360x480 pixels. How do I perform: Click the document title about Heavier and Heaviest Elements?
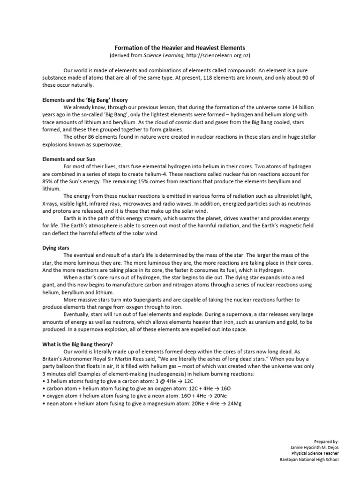tap(180, 48)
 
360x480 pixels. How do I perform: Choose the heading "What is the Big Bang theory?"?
tap(77, 343)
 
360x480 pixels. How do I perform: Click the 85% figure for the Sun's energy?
tap(48, 181)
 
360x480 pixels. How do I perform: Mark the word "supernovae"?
tap(107, 144)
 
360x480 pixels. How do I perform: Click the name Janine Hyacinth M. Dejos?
tap(315, 447)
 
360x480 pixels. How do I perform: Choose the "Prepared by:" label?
tap(326, 441)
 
